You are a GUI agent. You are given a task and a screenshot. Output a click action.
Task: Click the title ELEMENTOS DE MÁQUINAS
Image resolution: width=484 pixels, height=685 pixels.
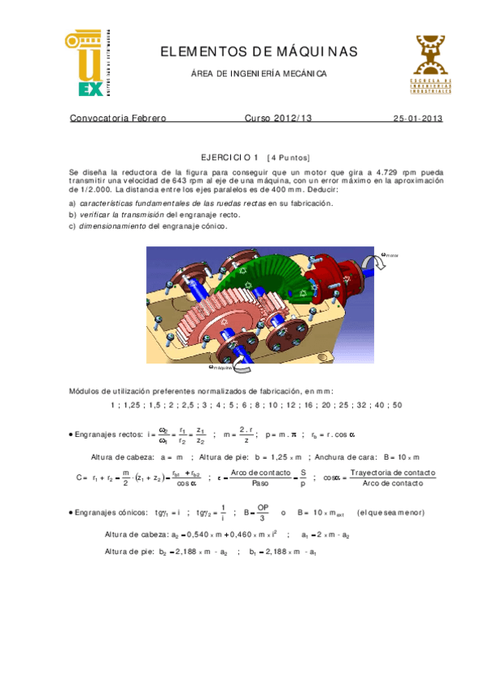pos(259,52)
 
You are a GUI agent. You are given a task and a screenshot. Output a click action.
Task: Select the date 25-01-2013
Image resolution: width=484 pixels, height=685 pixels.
pos(418,118)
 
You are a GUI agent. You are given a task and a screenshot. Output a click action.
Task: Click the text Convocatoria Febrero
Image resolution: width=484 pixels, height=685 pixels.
pos(118,118)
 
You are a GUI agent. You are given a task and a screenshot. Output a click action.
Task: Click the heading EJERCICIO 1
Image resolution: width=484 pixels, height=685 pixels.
pos(229,158)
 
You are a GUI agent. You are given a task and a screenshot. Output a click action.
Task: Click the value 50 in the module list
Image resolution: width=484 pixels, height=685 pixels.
pos(397,405)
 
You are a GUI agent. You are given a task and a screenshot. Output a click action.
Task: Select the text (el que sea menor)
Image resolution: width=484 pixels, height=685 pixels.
pos(391,512)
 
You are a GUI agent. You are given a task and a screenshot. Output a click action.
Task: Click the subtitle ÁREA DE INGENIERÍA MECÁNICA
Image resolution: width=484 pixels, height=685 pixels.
pos(259,74)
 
